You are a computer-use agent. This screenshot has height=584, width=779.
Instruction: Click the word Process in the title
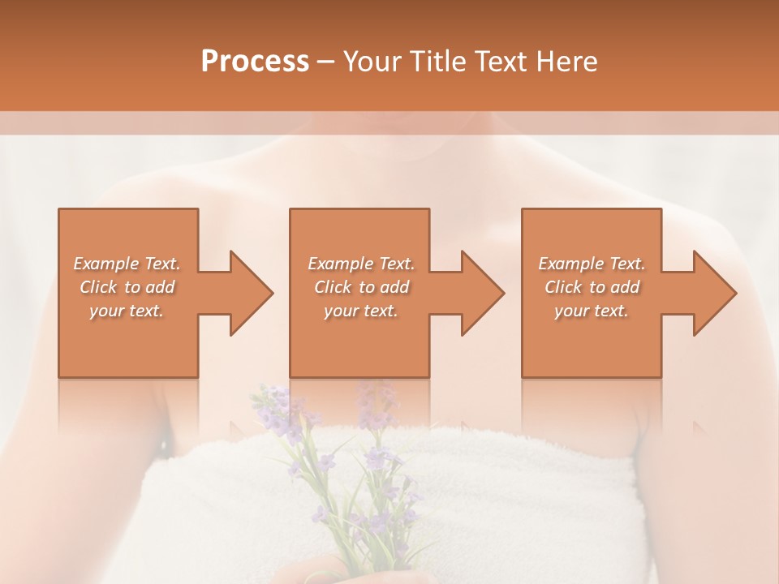255,62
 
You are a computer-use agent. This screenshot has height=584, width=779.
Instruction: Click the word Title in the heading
434,62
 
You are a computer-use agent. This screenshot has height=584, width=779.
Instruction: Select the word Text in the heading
500,62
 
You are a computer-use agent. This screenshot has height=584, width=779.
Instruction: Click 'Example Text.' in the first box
127,264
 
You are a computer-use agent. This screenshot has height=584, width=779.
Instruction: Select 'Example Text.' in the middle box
360,264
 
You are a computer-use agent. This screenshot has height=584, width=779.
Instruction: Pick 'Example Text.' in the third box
592,264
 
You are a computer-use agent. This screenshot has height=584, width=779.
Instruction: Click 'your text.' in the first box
127,311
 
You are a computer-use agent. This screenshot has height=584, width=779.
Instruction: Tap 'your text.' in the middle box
360,311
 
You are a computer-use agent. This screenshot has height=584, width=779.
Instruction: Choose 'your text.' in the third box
592,311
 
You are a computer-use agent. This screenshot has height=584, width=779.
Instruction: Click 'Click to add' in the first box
127,287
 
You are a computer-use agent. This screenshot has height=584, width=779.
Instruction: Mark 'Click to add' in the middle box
360,287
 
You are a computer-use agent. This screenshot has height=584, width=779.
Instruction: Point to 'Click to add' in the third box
592,287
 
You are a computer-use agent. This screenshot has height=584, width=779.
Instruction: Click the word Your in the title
371,62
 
